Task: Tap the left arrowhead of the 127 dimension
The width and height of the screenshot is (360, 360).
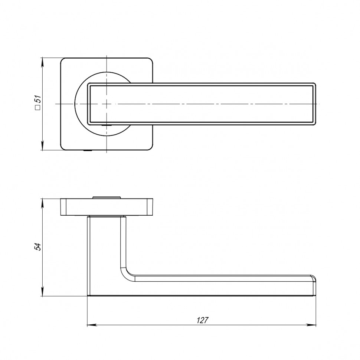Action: [x=91, y=325]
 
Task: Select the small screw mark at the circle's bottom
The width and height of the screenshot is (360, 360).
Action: [x=108, y=127]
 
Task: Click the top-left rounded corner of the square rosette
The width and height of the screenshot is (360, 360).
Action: [x=63, y=60]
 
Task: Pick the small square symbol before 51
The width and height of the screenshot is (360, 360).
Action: [x=37, y=108]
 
